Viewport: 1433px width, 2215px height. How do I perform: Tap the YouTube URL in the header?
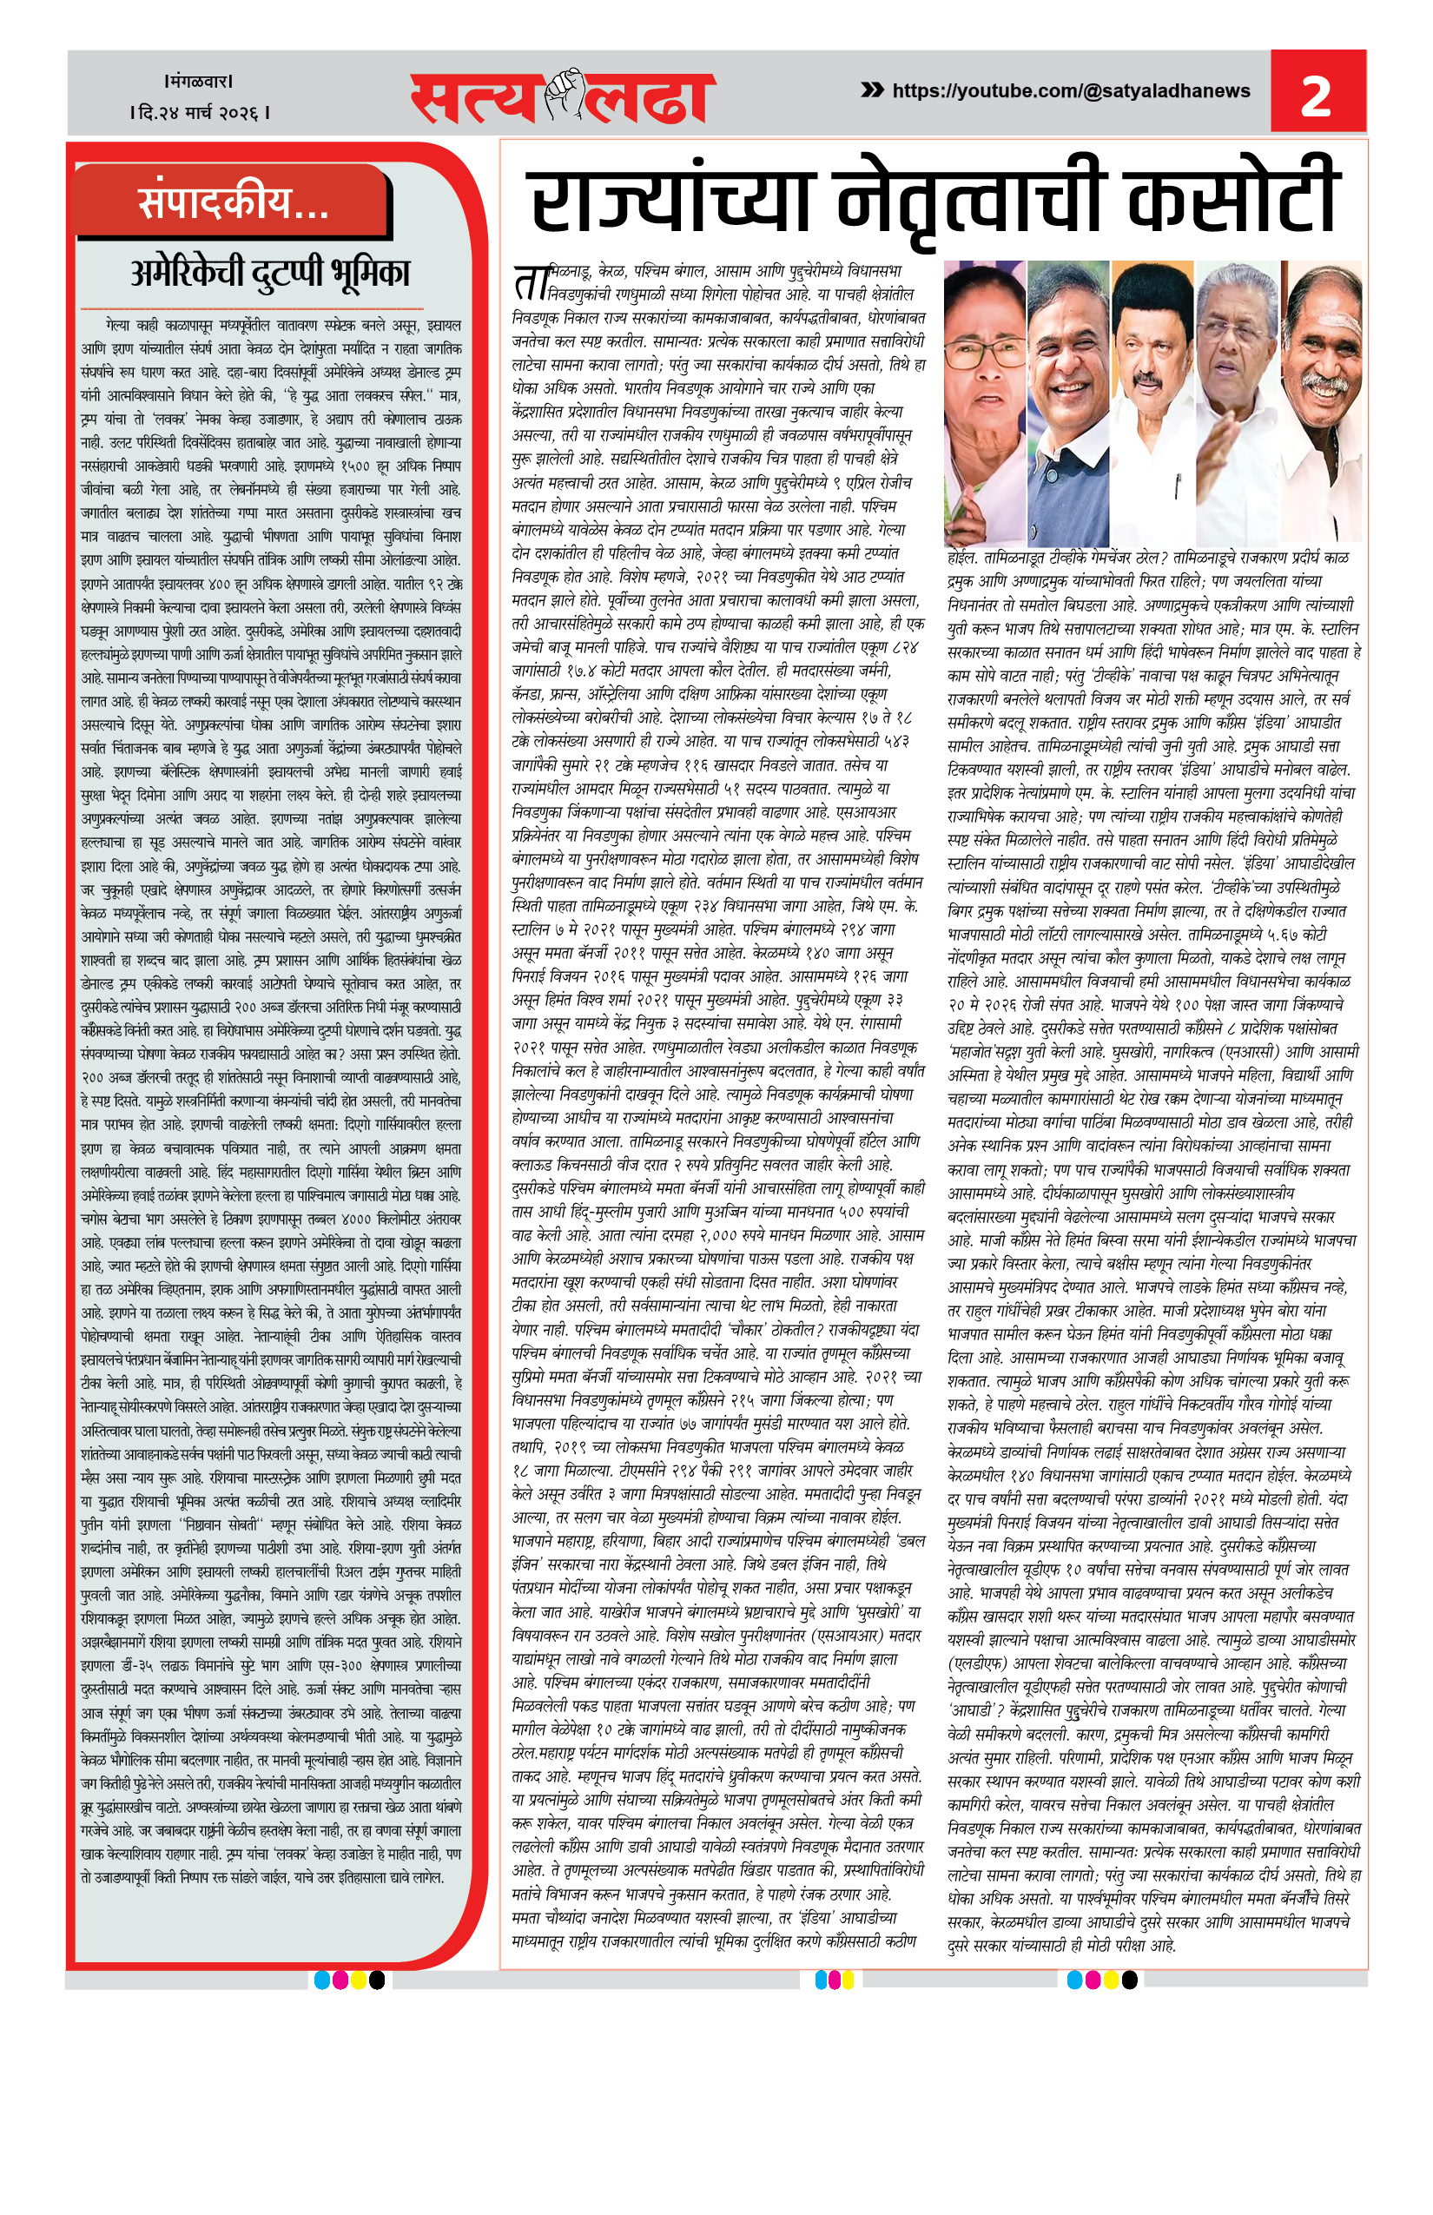pyautogui.click(x=1070, y=91)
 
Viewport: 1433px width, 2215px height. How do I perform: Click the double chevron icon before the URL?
pyautogui.click(x=872, y=90)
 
